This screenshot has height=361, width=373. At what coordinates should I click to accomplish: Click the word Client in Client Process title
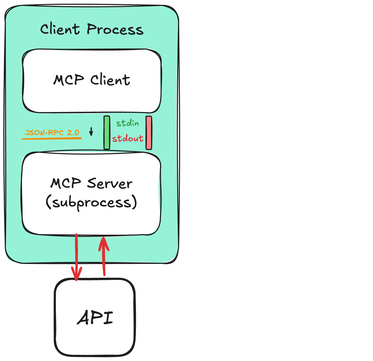click(60, 29)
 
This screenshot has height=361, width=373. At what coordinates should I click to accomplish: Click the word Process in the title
click(115, 29)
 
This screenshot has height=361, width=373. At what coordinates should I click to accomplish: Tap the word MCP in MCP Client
click(69, 80)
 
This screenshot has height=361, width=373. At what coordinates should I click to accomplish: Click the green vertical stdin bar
click(107, 132)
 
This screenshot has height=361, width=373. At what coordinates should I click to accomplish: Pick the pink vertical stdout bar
click(149, 132)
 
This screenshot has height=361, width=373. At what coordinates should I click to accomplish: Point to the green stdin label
click(127, 123)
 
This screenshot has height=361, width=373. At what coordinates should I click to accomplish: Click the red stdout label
click(128, 138)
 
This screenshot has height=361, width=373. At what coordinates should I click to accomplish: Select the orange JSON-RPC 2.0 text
click(52, 132)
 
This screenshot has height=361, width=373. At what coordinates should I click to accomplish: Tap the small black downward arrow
click(91, 131)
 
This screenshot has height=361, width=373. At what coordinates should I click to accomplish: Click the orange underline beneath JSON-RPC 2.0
click(52, 138)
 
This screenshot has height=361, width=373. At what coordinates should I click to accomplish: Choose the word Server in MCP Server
click(110, 183)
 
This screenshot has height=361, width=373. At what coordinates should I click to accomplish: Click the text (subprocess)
click(92, 202)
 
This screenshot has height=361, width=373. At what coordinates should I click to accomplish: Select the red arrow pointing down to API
click(76, 255)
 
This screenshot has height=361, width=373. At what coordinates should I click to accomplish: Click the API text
click(95, 317)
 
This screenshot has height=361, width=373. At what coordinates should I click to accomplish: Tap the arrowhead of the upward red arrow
click(104, 242)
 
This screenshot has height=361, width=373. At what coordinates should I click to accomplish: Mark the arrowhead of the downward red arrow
click(76, 275)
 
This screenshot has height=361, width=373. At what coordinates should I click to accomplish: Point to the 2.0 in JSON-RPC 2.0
click(73, 132)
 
